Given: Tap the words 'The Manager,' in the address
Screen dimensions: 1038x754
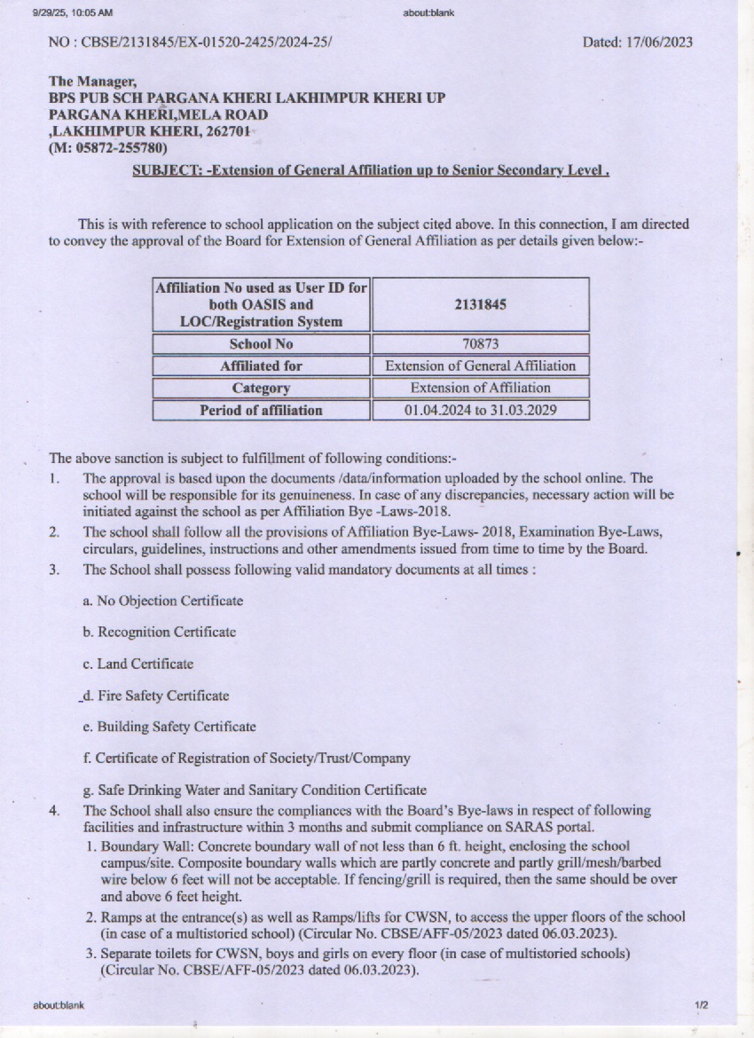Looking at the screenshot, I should tap(90, 82).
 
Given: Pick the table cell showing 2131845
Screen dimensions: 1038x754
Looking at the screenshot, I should tap(480, 304).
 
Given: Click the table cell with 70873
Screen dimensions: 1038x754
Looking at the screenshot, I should tap(480, 343).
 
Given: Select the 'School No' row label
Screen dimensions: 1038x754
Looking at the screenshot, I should tap(261, 343).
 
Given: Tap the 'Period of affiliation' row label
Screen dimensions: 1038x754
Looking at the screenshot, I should tap(261, 410).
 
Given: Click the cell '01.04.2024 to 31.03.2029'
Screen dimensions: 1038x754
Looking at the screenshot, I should tap(480, 410).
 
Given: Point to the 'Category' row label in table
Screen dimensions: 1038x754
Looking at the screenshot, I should tap(261, 388).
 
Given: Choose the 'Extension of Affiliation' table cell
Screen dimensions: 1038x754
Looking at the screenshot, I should tap(480, 388).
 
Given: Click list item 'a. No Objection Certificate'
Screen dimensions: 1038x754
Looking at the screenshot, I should tap(162, 601).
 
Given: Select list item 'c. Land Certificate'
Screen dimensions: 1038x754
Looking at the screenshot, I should tap(137, 664).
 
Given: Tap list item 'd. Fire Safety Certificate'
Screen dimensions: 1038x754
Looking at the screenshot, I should tap(155, 696).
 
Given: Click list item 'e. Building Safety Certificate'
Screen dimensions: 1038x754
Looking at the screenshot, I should tap(169, 727).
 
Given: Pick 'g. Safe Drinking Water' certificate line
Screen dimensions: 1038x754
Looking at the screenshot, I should tap(255, 790).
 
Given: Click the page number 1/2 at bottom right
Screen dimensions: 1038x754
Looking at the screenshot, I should tap(701, 1005).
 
